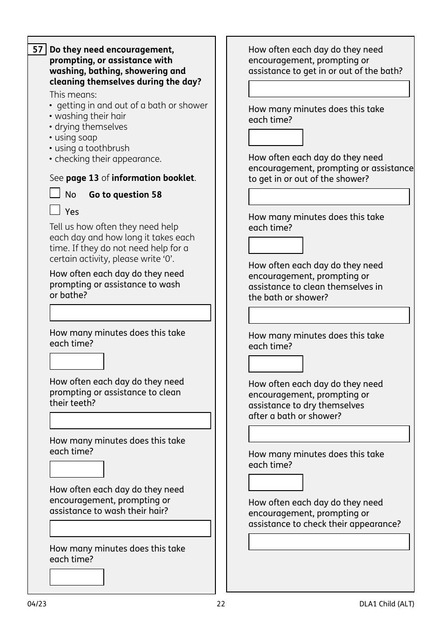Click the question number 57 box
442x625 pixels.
point(37,50)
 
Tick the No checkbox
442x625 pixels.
point(55,193)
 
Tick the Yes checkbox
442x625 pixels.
point(55,210)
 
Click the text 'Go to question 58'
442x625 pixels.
point(125,195)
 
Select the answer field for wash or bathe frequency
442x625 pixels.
point(130,313)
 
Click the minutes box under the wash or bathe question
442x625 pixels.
point(77,361)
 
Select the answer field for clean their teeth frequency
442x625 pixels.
point(130,421)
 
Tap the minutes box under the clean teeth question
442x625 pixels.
point(77,469)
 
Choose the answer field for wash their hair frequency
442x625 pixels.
point(130,529)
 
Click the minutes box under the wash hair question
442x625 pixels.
point(77,577)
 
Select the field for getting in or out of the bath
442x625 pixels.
point(329,89)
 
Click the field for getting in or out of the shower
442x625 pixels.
point(329,197)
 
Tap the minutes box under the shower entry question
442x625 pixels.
point(275,246)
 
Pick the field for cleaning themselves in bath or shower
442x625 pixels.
point(329,315)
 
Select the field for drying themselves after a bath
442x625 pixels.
point(329,434)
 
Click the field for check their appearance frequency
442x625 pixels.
point(329,542)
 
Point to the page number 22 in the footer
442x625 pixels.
point(221,604)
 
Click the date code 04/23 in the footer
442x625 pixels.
point(37,604)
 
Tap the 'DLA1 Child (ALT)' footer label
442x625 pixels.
point(386,604)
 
